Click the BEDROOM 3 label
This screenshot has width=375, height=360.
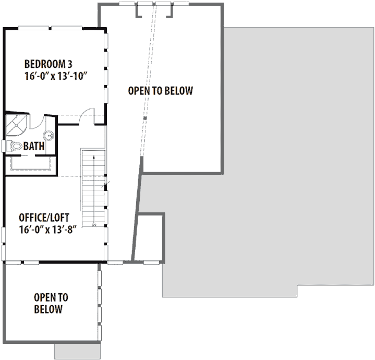click(48, 64)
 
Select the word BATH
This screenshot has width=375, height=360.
click(33, 147)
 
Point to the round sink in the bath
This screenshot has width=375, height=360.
click(49, 136)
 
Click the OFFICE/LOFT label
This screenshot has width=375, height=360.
click(44, 217)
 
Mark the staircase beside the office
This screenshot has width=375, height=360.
click(93, 188)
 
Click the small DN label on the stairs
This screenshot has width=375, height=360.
click(94, 225)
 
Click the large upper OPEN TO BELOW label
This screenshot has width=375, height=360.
click(161, 91)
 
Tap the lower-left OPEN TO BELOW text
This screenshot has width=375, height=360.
click(51, 303)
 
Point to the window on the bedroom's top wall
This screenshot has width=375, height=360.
click(50, 27)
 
